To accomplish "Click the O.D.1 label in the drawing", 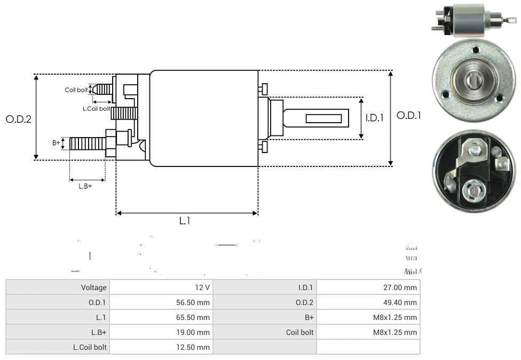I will [x=408, y=116].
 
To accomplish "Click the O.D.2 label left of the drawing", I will [x=19, y=119].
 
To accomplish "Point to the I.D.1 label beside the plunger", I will [x=374, y=118].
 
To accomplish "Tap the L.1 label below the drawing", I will [x=185, y=221].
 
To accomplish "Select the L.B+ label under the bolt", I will [x=85, y=186].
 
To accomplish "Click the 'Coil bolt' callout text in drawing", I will [x=76, y=90].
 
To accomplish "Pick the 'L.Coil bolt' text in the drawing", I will [x=96, y=109].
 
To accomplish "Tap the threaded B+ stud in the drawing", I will [x=88, y=143].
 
